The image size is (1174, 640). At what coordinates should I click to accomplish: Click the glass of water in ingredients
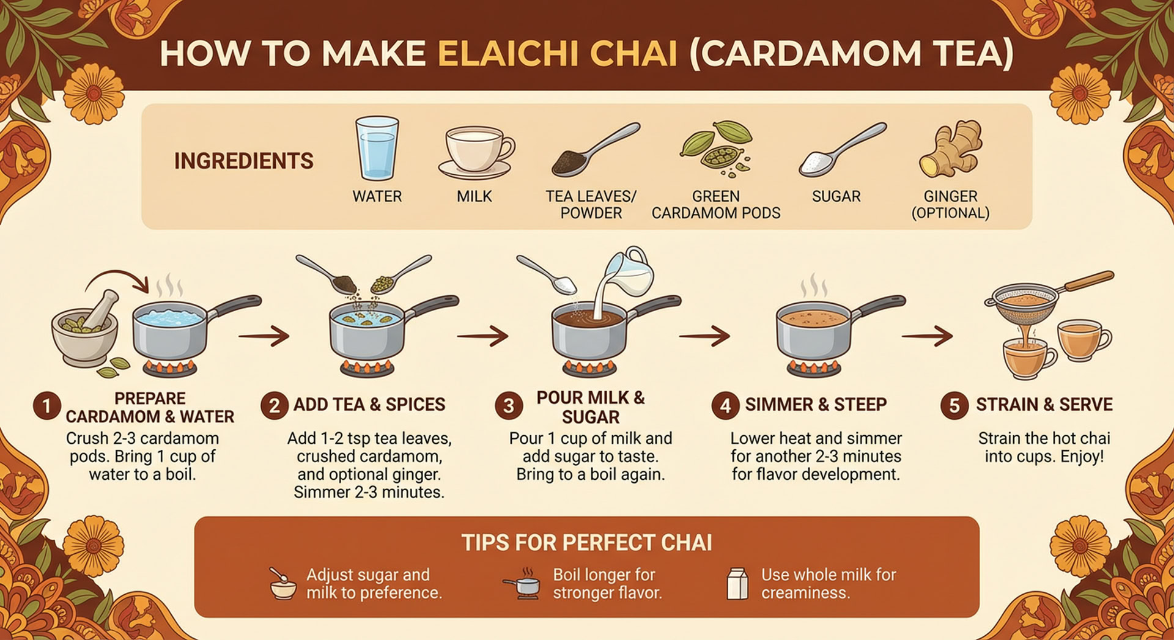377,148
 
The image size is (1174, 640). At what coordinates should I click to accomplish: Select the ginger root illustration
950,149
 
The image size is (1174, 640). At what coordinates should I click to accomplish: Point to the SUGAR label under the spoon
836,196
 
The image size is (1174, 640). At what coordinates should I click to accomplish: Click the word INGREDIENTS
243,161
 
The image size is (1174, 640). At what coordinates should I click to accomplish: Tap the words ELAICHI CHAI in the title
558,54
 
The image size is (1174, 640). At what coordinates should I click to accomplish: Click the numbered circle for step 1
46,406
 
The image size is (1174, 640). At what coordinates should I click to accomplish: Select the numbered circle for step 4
725,406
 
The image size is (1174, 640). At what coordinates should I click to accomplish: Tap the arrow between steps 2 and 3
483,336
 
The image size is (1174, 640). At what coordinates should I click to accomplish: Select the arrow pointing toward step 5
927,336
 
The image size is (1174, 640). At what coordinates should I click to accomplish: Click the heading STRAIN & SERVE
1044,405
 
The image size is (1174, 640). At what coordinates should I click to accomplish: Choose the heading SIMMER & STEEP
816,405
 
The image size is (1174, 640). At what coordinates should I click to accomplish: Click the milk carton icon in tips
737,584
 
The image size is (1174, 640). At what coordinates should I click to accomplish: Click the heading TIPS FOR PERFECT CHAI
586,543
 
